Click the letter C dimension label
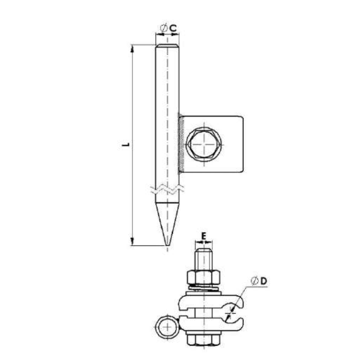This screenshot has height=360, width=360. pos(173,28)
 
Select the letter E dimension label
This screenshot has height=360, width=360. pos(204,236)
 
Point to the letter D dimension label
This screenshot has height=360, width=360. pos(264,281)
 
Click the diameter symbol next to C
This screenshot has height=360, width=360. pos(164,28)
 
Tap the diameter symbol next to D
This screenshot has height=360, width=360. pos(254,281)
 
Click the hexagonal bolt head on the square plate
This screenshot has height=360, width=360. pos(204,144)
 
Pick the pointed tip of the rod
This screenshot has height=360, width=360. pos(167,245)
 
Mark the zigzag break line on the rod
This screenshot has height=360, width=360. pos(167,189)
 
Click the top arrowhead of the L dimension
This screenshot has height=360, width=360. pos(132,48)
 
